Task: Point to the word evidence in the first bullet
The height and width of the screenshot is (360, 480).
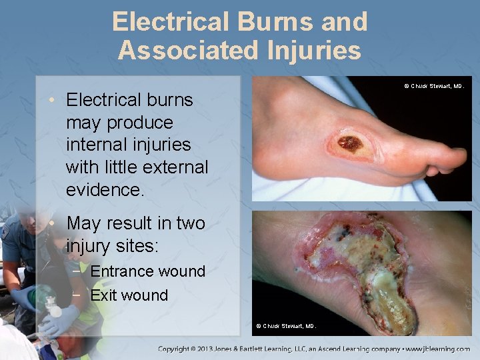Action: click(103, 189)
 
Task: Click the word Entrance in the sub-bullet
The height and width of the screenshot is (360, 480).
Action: click(121, 271)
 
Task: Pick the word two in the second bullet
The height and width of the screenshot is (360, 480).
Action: click(190, 223)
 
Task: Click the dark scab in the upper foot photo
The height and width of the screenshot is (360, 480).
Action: click(350, 142)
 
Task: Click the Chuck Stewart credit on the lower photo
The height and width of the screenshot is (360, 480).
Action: click(287, 326)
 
